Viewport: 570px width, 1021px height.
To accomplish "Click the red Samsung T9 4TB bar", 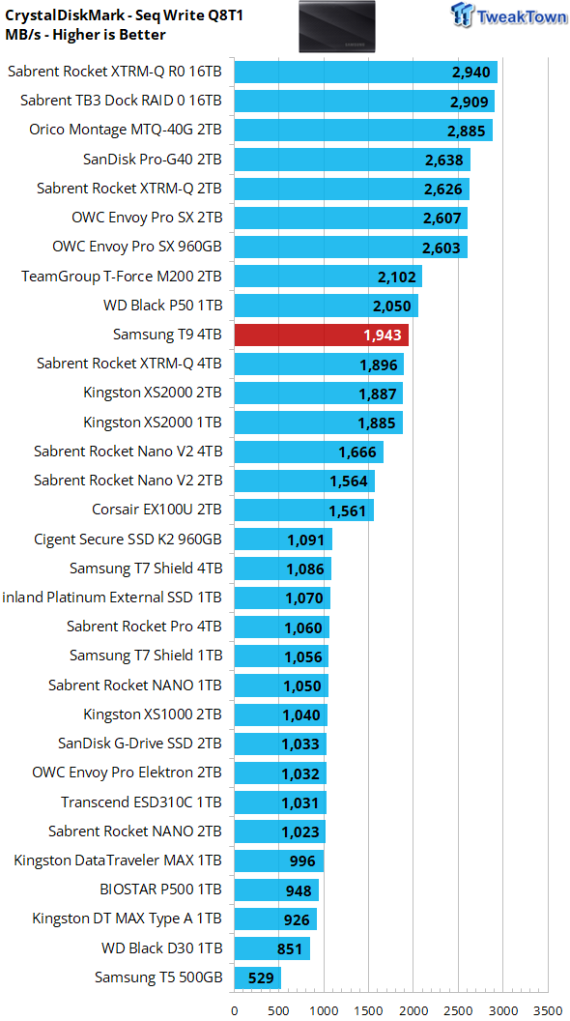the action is coord(322,335).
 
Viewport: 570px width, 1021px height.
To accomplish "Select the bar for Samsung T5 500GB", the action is coord(258,977).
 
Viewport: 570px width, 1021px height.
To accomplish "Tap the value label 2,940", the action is coord(470,73).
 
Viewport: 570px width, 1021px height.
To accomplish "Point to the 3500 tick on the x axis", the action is coord(547,1010).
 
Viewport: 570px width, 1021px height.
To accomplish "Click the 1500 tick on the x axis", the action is coord(368,1010).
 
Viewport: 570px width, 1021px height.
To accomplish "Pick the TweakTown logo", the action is coord(507,15).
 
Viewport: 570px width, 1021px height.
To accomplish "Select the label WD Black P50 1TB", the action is coord(162,306).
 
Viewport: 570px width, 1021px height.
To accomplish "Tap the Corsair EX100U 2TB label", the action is coord(158,510).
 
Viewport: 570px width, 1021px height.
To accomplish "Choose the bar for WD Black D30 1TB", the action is coord(272,948).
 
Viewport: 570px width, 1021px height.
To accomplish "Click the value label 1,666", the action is coord(357,452).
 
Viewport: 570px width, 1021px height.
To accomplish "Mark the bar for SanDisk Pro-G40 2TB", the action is coord(352,160).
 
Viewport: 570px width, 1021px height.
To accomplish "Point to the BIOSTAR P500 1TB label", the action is coord(161,889).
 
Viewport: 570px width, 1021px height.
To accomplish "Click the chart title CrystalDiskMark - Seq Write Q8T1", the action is coord(124,15).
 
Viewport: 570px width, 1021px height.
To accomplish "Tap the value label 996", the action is coord(302,861).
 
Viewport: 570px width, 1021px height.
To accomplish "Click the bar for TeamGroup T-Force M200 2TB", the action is coord(328,277).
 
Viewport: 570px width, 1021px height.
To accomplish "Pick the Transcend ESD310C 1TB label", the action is coord(142,802).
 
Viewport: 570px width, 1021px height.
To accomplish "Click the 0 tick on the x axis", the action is coord(234,1010).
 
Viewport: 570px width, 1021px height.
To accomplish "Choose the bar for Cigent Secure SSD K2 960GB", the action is coord(283,540).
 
